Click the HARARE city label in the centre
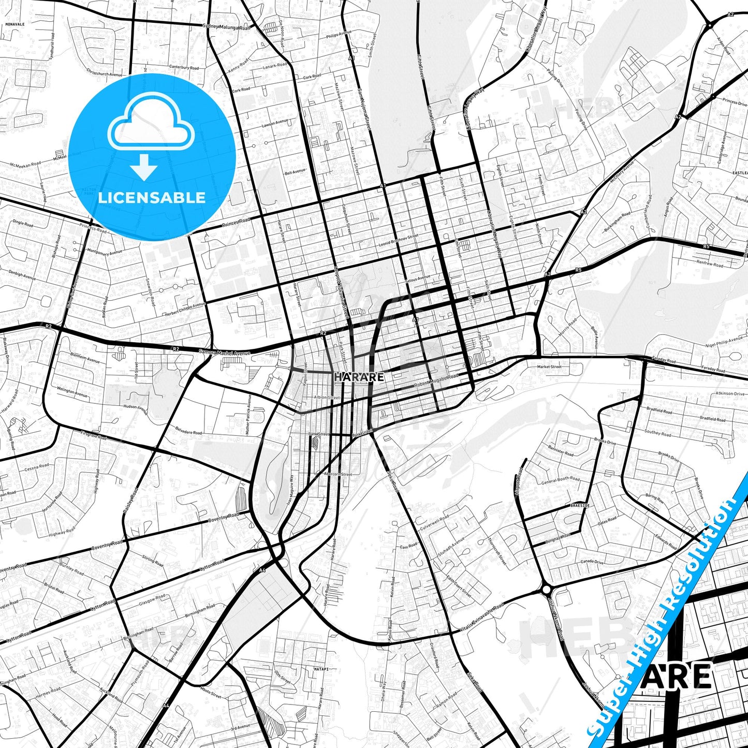pos(359,377)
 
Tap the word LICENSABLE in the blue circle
pos(152,197)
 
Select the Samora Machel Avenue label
pos(224,353)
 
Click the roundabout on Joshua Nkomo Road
pos(547,590)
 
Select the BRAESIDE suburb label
pos(580,505)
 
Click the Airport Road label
pos(519,482)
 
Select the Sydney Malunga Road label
pos(227,27)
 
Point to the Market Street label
pos(549,366)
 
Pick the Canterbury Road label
pos(184,67)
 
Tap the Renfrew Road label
pos(710,263)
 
